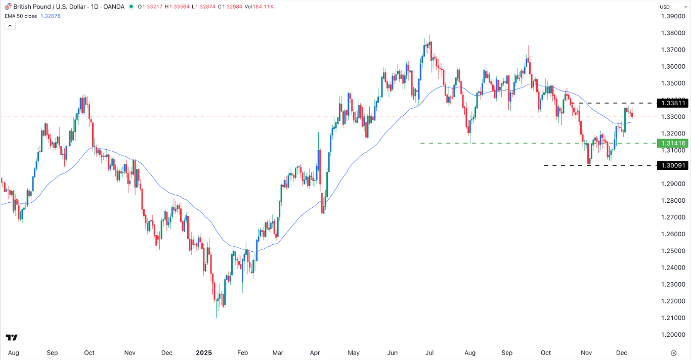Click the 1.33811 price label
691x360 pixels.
pos(672,103)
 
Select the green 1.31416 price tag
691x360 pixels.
pos(672,143)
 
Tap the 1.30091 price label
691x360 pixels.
pos(672,165)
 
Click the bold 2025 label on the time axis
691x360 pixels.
pos(204,353)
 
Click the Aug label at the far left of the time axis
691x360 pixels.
pos(14,353)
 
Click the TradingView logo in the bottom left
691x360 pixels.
pos(12,337)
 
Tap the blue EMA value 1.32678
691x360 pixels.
pos(51,16)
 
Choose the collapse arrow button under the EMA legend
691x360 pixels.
pos(10,25)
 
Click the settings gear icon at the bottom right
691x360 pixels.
pos(673,353)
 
